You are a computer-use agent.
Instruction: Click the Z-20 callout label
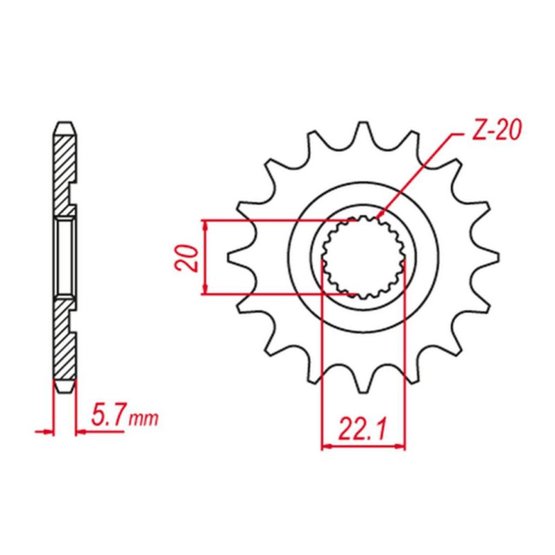497,130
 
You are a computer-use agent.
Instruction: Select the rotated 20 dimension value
191,257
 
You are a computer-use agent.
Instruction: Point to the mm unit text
144,419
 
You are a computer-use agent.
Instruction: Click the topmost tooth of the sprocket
362,132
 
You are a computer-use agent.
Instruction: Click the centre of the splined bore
363,257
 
